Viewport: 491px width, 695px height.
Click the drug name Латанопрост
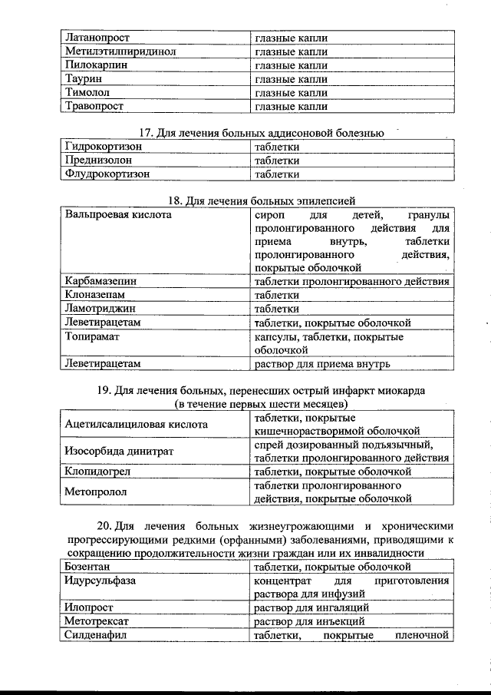97,37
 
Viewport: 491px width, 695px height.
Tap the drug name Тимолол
86,92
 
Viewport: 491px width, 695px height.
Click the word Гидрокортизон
104,146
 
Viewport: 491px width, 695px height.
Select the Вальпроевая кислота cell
118,215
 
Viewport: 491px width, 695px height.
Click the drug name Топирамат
94,336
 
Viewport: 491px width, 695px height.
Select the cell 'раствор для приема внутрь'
323,363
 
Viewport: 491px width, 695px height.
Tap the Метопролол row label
96,491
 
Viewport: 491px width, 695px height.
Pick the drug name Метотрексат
96,621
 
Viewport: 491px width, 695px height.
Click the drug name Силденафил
96,635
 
